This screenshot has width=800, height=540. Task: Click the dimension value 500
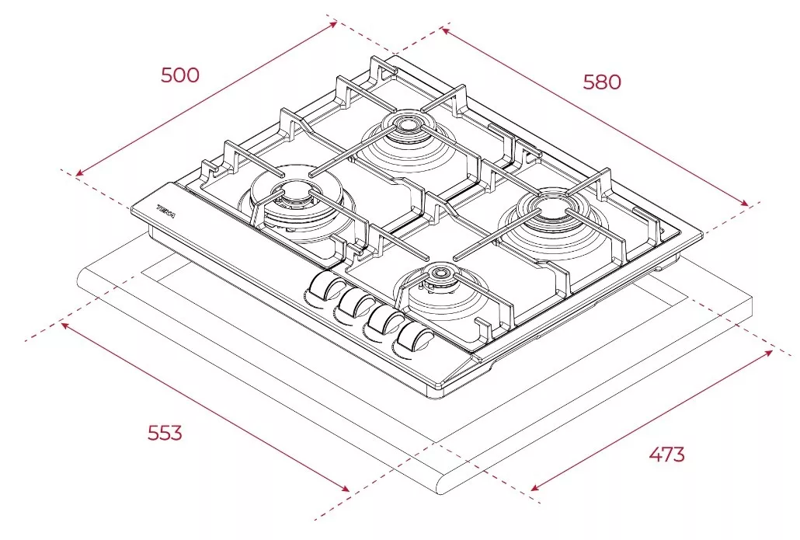click(179, 75)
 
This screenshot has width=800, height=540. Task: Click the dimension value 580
click(602, 82)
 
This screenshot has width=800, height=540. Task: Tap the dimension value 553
click(165, 433)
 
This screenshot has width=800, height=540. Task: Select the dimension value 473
click(667, 454)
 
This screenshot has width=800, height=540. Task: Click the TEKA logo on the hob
click(165, 211)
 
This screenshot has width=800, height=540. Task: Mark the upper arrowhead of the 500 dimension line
click(334, 23)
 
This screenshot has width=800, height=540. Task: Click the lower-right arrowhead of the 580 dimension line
click(745, 204)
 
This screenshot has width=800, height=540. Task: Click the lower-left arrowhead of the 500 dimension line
click(78, 173)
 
